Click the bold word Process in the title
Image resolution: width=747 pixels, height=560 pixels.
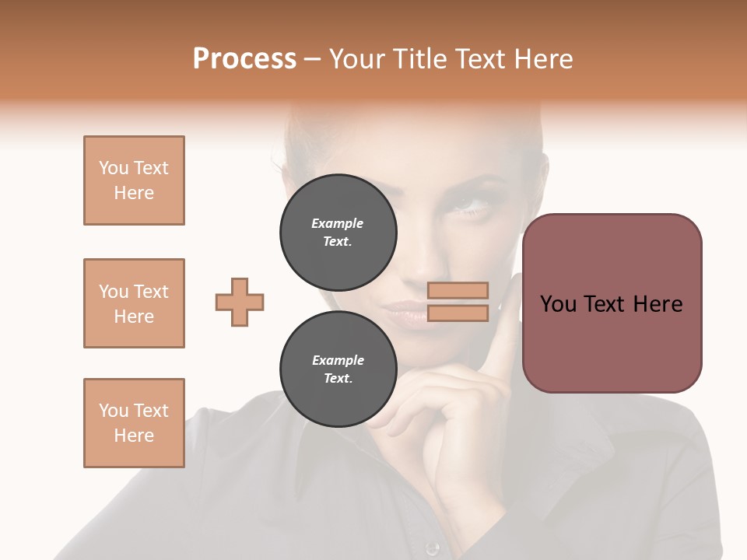pos(244,59)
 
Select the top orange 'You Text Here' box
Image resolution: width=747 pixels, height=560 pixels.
pos(134,180)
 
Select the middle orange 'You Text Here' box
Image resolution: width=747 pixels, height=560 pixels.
pos(134,303)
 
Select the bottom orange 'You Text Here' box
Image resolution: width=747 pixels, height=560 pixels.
pos(134,423)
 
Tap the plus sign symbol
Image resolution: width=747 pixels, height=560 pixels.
pos(240,302)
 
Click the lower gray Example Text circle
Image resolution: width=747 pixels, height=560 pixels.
pos(338,369)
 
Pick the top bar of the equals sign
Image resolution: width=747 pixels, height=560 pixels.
pos(458,291)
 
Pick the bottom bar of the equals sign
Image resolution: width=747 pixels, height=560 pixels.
pos(458,313)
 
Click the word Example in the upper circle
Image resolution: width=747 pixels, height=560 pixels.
pos(338,224)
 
